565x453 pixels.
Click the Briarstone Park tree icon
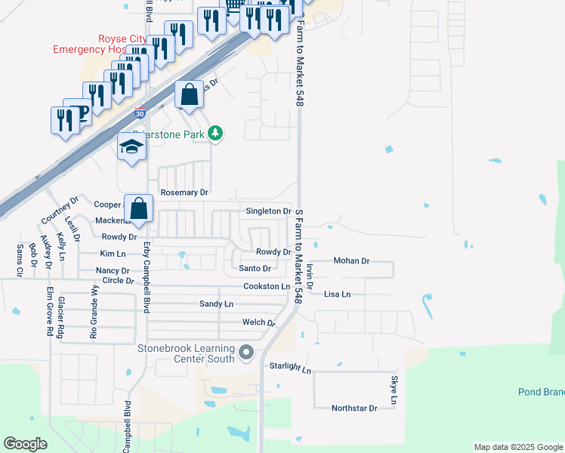pyautogui.click(x=216, y=134)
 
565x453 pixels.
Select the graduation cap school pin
pyautogui.click(x=131, y=147)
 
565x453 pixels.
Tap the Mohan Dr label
pyautogui.click(x=351, y=261)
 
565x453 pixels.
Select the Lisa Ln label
pyautogui.click(x=337, y=294)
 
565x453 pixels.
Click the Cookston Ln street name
pyautogui.click(x=267, y=287)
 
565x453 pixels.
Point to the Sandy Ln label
pyautogui.click(x=216, y=304)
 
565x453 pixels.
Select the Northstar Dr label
pyautogui.click(x=354, y=408)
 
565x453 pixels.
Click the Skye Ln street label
pyautogui.click(x=394, y=390)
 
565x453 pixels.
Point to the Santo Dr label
pyautogui.click(x=255, y=268)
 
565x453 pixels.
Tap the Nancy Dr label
pyautogui.click(x=113, y=270)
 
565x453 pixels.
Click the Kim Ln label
pyautogui.click(x=113, y=254)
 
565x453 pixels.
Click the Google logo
pyautogui.click(x=25, y=444)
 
